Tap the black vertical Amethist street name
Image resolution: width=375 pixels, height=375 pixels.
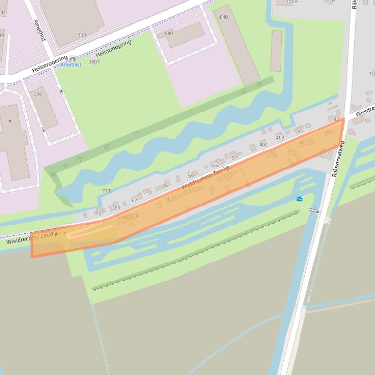[x=39, y=30]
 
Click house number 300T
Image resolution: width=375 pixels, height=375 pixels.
[x=94, y=62]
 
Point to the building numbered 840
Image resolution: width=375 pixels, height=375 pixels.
[x=224, y=17]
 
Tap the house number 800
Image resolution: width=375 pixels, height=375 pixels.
[x=169, y=33]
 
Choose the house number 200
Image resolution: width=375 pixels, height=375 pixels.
[x=38, y=94]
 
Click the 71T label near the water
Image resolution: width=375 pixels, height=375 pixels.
[x=106, y=191]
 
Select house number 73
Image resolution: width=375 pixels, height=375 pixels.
[x=99, y=213]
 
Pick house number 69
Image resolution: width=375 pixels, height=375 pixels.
[x=117, y=208]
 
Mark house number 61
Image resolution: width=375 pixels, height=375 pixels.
[x=168, y=186]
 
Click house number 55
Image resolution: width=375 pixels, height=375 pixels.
[x=215, y=166]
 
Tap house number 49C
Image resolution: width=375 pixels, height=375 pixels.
[x=264, y=145]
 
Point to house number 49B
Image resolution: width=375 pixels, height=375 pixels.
[x=280, y=138]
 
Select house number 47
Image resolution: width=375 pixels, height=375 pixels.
[x=300, y=131]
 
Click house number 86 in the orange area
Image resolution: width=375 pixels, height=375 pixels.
[x=329, y=131]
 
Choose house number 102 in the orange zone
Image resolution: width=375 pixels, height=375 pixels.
[x=169, y=199]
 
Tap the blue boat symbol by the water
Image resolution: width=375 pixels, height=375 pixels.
[x=300, y=199]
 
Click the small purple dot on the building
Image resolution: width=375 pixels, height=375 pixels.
[x=10, y=121]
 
